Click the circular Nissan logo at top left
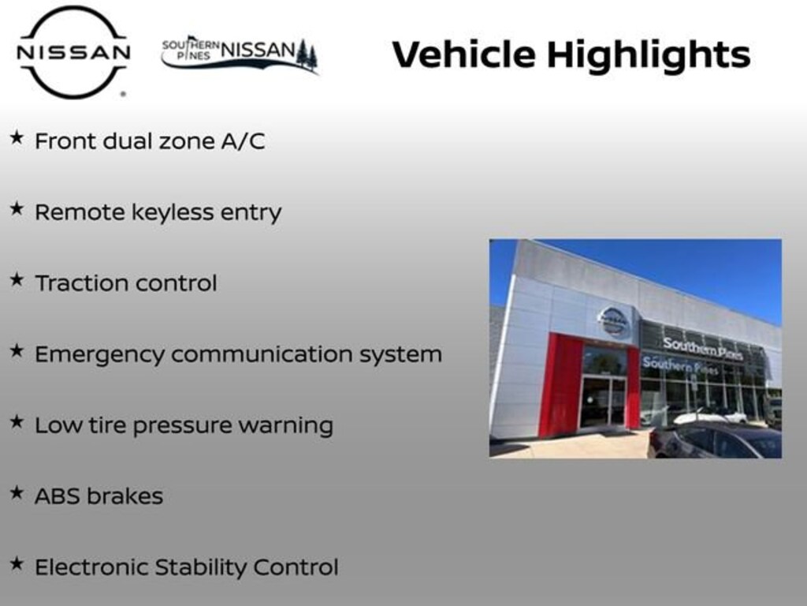(x=73, y=52)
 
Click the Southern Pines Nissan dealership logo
(x=239, y=54)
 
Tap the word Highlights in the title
(x=648, y=54)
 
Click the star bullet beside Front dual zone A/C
(x=17, y=138)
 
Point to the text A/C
(x=244, y=141)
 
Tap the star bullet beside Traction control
(x=17, y=280)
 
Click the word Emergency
(x=99, y=355)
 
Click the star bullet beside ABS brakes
(x=17, y=493)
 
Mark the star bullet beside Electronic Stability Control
(x=17, y=564)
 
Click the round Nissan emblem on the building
(x=613, y=320)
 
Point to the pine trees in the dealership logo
(x=307, y=54)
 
